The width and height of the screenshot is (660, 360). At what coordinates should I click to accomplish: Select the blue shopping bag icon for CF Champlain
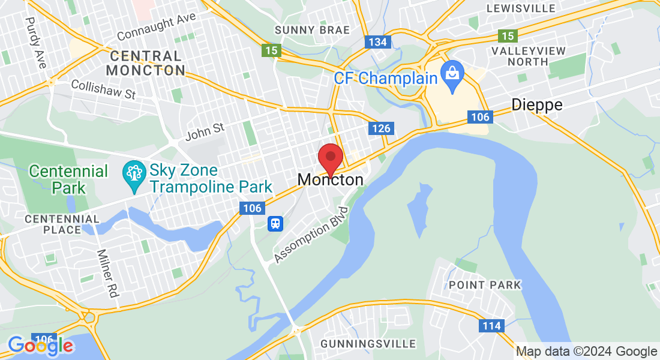click(451, 74)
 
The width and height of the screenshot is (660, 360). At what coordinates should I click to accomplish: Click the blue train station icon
click(275, 223)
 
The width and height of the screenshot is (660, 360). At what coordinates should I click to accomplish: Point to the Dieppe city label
click(537, 105)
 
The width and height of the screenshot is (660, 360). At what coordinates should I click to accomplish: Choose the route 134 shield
click(378, 41)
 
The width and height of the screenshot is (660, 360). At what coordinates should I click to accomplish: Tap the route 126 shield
click(381, 128)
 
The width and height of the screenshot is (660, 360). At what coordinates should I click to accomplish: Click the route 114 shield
click(491, 325)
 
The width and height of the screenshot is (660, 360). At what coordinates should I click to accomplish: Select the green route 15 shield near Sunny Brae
click(272, 50)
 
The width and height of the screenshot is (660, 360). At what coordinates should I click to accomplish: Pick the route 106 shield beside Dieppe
click(481, 116)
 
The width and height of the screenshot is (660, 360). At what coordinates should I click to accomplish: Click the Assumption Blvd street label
click(311, 235)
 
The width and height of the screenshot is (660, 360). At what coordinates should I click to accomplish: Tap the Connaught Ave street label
click(157, 27)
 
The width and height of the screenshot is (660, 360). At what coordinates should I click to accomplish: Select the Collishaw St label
click(103, 89)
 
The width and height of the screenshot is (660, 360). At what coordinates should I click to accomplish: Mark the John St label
click(205, 131)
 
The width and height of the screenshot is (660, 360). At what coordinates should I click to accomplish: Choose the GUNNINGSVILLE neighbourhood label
click(368, 344)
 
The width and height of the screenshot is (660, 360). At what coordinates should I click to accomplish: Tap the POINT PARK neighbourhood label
click(485, 284)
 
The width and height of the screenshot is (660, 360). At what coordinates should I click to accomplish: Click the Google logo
click(41, 345)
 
